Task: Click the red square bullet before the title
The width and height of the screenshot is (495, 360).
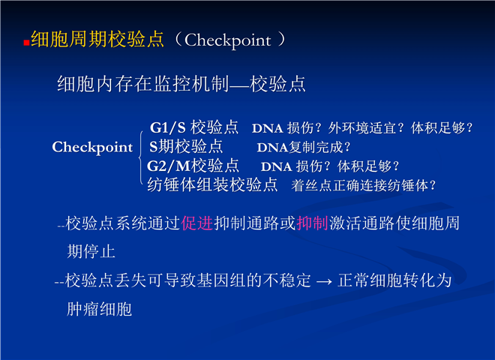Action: pyautogui.click(x=26, y=43)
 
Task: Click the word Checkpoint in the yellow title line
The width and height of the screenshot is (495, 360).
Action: pyautogui.click(x=227, y=40)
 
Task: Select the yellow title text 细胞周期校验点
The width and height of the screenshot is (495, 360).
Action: pyautogui.click(x=97, y=40)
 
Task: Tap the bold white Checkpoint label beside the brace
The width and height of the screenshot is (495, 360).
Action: pyautogui.click(x=92, y=147)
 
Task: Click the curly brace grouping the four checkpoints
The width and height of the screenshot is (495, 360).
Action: pyautogui.click(x=141, y=157)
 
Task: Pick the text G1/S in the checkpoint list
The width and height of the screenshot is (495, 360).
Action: pyautogui.click(x=168, y=127)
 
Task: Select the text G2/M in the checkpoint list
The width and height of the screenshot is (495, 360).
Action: pyautogui.click(x=169, y=166)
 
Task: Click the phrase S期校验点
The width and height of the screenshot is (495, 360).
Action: pyautogui.click(x=186, y=147)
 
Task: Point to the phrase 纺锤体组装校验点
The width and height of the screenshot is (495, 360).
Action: pyautogui.click(x=212, y=184)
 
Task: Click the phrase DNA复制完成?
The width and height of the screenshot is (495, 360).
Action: pyautogui.click(x=304, y=148)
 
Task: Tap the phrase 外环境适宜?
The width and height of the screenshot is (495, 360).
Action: pyautogui.click(x=366, y=128)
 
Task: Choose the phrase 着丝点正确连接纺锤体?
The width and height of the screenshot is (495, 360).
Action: pyautogui.click(x=363, y=185)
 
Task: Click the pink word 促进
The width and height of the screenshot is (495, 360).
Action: pyautogui.click(x=197, y=223)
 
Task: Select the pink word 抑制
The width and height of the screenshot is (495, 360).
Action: pyautogui.click(x=312, y=223)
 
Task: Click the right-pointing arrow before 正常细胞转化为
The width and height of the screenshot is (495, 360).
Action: pyautogui.click(x=324, y=281)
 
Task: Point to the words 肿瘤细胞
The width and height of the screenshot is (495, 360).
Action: pyautogui.click(x=99, y=309)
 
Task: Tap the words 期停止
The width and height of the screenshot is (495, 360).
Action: pyautogui.click(x=91, y=252)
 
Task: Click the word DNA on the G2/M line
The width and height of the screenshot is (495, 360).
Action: pyautogui.click(x=276, y=166)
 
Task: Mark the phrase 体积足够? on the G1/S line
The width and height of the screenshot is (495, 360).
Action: pyautogui.click(x=442, y=128)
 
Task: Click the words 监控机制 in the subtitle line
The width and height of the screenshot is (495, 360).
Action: pyautogui.click(x=191, y=84)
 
